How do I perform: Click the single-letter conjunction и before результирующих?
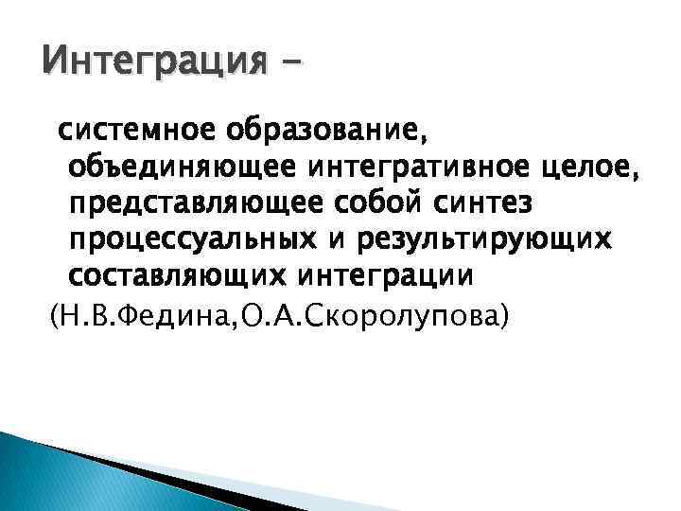coord(335,240)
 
